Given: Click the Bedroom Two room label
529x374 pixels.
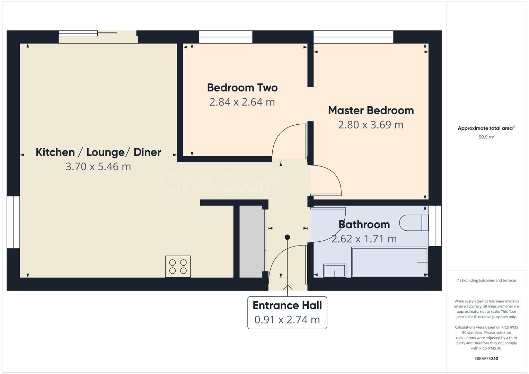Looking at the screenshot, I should (242, 88).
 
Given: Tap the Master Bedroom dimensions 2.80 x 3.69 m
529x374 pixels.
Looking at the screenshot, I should (371, 125).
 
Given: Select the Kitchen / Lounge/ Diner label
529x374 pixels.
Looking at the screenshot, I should (98, 152).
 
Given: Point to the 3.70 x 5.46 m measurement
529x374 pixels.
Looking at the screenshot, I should (98, 167).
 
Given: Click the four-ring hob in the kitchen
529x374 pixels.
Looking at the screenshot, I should (178, 266).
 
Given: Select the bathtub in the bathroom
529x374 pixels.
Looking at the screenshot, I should (389, 262).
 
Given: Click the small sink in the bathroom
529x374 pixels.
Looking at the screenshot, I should (334, 270).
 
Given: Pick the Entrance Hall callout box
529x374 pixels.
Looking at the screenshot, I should (287, 312).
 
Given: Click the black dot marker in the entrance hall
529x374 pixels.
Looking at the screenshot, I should (287, 237).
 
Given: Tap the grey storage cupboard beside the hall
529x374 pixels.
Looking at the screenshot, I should (252, 241).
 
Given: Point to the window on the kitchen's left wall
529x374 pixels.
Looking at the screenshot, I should (13, 222).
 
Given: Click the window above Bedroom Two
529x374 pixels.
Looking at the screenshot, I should (226, 37).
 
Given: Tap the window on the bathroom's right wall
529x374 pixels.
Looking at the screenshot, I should (435, 226).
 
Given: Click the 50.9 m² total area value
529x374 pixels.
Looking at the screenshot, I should (486, 137).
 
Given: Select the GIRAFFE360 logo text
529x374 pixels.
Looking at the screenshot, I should (486, 358).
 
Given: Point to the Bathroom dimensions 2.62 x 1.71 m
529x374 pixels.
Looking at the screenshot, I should (364, 239).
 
